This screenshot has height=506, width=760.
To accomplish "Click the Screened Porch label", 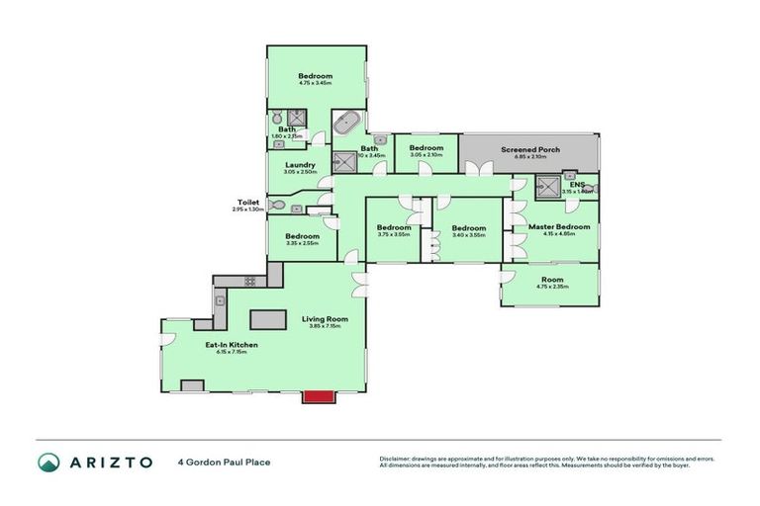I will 529,149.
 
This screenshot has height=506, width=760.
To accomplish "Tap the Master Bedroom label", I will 558,226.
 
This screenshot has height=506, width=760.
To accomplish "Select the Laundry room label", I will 300,165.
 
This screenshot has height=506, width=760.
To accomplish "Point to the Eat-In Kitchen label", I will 231,344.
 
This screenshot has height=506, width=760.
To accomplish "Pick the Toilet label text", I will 247,202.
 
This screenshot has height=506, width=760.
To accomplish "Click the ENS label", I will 577,184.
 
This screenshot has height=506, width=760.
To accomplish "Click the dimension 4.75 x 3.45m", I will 316,84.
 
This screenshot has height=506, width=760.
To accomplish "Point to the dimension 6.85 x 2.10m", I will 529,156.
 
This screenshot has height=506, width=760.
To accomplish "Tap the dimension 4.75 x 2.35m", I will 551,287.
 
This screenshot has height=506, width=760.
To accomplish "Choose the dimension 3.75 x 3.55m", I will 394,235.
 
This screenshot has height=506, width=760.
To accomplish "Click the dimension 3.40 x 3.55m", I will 468,235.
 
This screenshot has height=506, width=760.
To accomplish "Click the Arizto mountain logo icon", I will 49,462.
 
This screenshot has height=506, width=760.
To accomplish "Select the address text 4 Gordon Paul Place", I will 224,462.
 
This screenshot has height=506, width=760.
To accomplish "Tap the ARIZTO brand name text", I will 111,462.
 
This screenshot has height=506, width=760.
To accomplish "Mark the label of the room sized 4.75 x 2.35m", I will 551,280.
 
